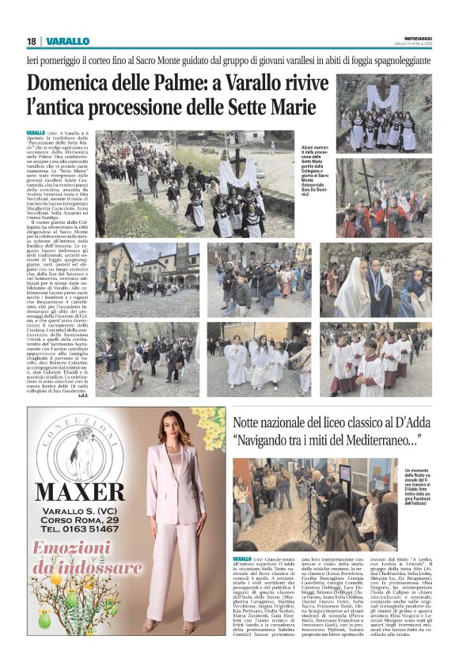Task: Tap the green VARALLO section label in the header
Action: [x=67, y=41]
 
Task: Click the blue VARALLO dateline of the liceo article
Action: [x=242, y=559]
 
